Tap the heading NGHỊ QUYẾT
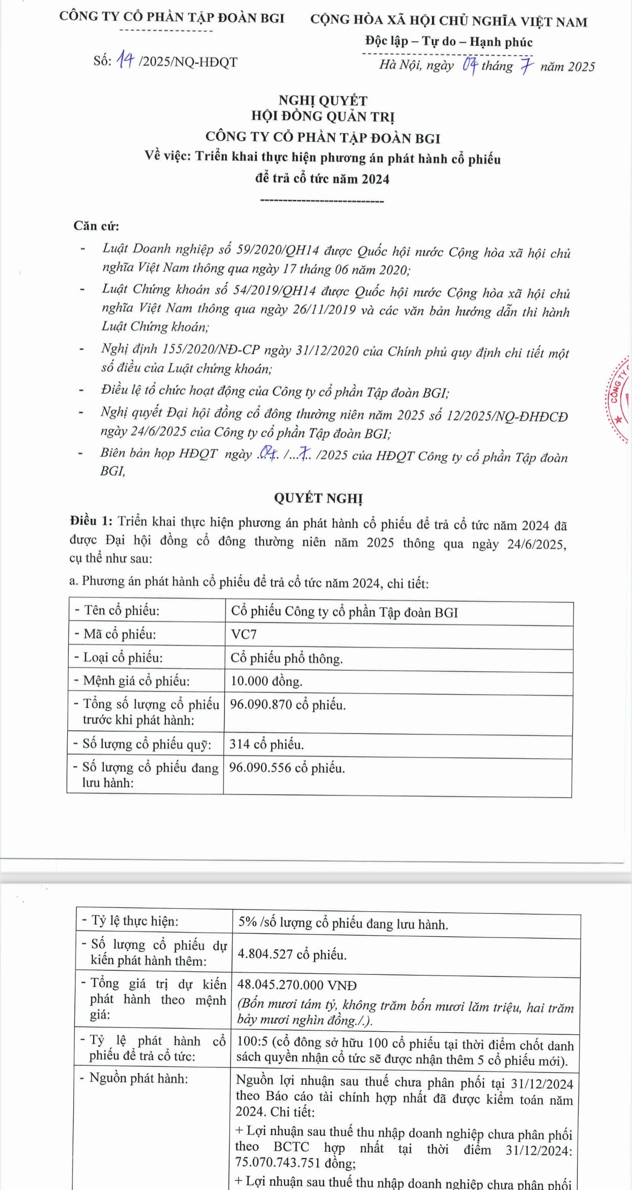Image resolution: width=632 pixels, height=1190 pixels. tap(323, 101)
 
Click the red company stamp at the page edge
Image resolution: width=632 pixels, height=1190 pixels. tap(619, 399)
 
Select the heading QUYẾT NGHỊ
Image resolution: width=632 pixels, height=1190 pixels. tap(319, 498)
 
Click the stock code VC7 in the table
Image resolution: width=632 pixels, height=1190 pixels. tap(244, 634)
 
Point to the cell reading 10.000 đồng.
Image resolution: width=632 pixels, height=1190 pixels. tap(266, 681)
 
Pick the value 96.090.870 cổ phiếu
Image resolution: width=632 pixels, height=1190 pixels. tap(288, 705)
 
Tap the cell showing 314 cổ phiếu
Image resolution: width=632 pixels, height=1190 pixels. tap(266, 745)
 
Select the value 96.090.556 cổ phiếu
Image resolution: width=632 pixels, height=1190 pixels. tap(287, 768)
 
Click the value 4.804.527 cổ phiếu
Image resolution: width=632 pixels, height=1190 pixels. tap(292, 955)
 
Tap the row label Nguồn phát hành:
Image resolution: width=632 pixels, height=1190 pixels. tap(134, 1078)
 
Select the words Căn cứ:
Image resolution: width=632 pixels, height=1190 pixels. tap(96, 226)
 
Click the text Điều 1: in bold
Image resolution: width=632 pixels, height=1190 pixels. tap(91, 521)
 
